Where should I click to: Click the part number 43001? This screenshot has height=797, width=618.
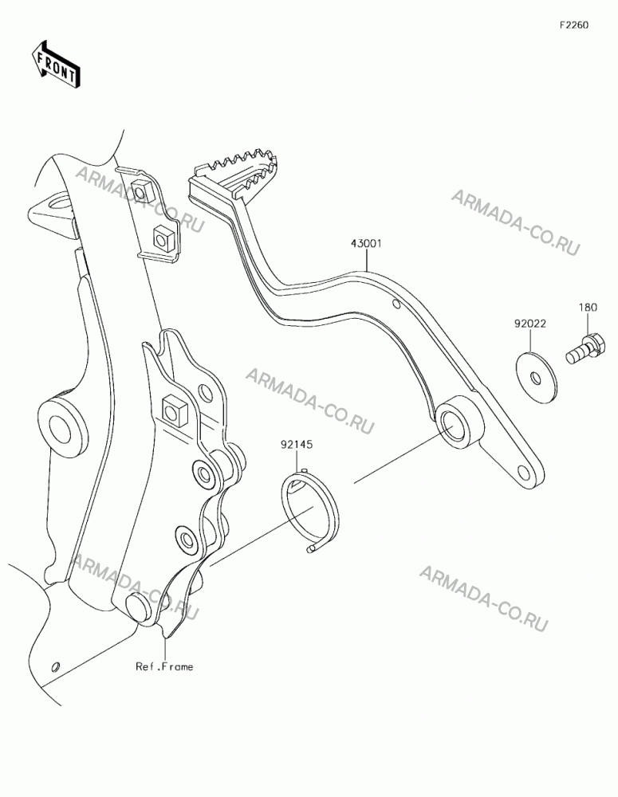[x=366, y=243]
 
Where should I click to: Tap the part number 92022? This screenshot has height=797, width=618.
[x=530, y=324]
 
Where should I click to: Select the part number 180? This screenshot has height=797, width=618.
[x=588, y=308]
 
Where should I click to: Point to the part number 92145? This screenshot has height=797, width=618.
[x=297, y=445]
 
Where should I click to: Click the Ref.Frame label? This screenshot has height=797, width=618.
[x=164, y=666]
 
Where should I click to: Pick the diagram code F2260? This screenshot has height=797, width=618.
[x=574, y=25]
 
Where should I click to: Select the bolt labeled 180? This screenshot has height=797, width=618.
[x=586, y=349]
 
